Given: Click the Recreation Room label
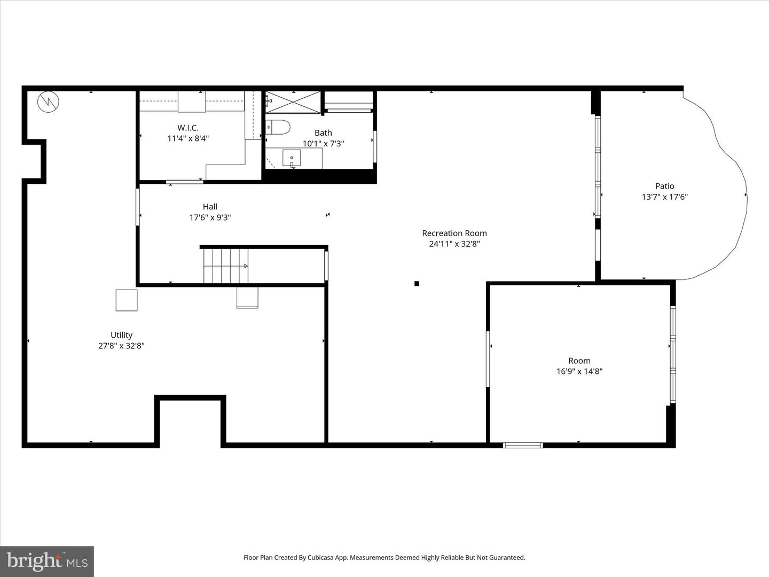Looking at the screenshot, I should click(x=454, y=233).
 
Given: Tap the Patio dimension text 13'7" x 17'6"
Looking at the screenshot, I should click(x=664, y=197).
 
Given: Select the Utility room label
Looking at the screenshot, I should click(x=121, y=335).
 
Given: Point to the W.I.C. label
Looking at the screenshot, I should click(x=188, y=128).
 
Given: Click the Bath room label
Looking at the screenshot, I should click(x=323, y=132).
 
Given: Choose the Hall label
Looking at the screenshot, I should click(x=210, y=207).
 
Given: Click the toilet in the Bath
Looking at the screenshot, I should click(x=278, y=127).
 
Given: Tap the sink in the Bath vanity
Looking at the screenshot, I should click(x=292, y=158).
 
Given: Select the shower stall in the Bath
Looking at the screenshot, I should click(x=293, y=102).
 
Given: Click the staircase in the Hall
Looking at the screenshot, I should click(x=225, y=266).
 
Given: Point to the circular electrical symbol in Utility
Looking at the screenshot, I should click(x=48, y=102).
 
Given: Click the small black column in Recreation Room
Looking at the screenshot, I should click(x=417, y=284).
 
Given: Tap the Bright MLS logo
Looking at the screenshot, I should click(x=47, y=561).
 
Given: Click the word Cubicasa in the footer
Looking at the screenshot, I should click(x=320, y=557).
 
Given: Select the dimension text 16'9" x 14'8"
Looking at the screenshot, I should click(x=579, y=371).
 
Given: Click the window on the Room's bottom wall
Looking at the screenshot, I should click(x=523, y=445).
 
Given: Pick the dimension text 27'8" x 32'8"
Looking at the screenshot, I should click(x=121, y=346).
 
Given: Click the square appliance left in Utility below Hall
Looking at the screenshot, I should click(x=127, y=300).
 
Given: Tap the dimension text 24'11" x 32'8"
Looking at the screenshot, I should click(x=454, y=244).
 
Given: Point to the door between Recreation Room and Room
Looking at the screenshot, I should click(x=488, y=358).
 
